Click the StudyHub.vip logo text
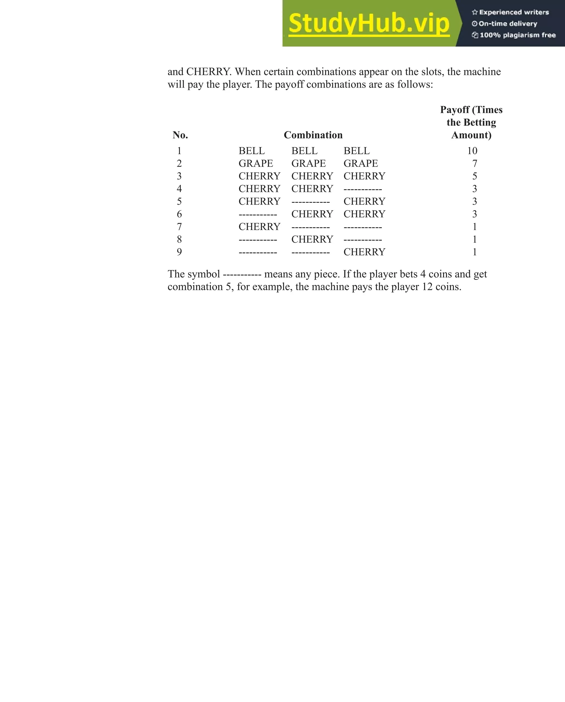369,23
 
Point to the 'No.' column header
180,135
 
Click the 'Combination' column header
313,135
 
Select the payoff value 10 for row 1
472,151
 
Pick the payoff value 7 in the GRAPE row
475,164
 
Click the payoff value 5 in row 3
475,176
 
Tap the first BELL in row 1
251,151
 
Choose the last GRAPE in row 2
361,164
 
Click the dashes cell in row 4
363,189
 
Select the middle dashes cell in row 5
310,202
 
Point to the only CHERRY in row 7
259,227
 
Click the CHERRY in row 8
312,239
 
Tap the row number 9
179,252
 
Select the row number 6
179,214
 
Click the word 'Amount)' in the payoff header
471,135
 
